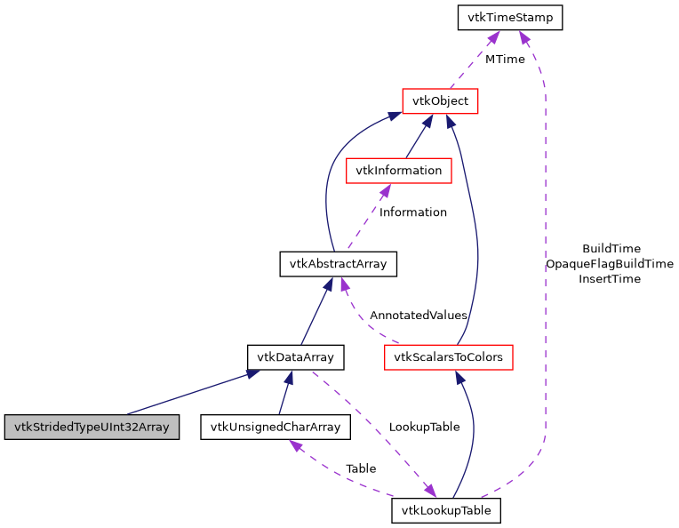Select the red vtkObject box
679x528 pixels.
pos(441,100)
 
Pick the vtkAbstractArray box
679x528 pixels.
pos(338,264)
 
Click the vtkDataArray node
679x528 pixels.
pos(295,357)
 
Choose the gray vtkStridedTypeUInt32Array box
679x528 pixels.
pos(91,427)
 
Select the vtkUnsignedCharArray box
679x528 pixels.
pos(276,427)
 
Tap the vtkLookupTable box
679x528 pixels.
pos(446,510)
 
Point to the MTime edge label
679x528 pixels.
pos(504,59)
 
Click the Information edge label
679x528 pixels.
pos(412,212)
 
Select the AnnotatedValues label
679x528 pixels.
pos(418,316)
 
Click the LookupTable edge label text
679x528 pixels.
pos(424,427)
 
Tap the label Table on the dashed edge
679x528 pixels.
pos(361,468)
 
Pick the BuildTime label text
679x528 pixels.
pos(611,249)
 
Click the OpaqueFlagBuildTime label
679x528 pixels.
pos(610,264)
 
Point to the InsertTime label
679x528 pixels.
pos(610,279)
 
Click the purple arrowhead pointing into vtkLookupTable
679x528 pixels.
pos(429,491)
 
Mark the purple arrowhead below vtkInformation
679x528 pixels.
pos(385,190)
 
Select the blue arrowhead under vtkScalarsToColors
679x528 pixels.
pos(459,378)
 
